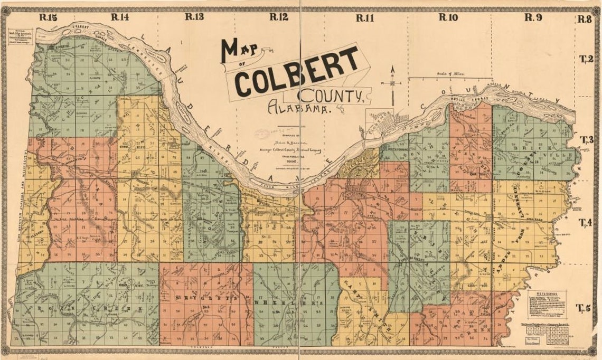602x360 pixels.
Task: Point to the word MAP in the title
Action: click(x=240, y=51)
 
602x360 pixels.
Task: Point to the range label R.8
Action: click(x=584, y=20)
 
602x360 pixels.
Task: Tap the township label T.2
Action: click(x=586, y=59)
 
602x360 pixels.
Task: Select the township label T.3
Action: click(x=586, y=140)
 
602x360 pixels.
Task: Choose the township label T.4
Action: click(x=586, y=222)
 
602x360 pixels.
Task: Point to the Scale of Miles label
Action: click(x=449, y=74)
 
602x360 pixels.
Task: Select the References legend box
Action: click(x=550, y=306)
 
